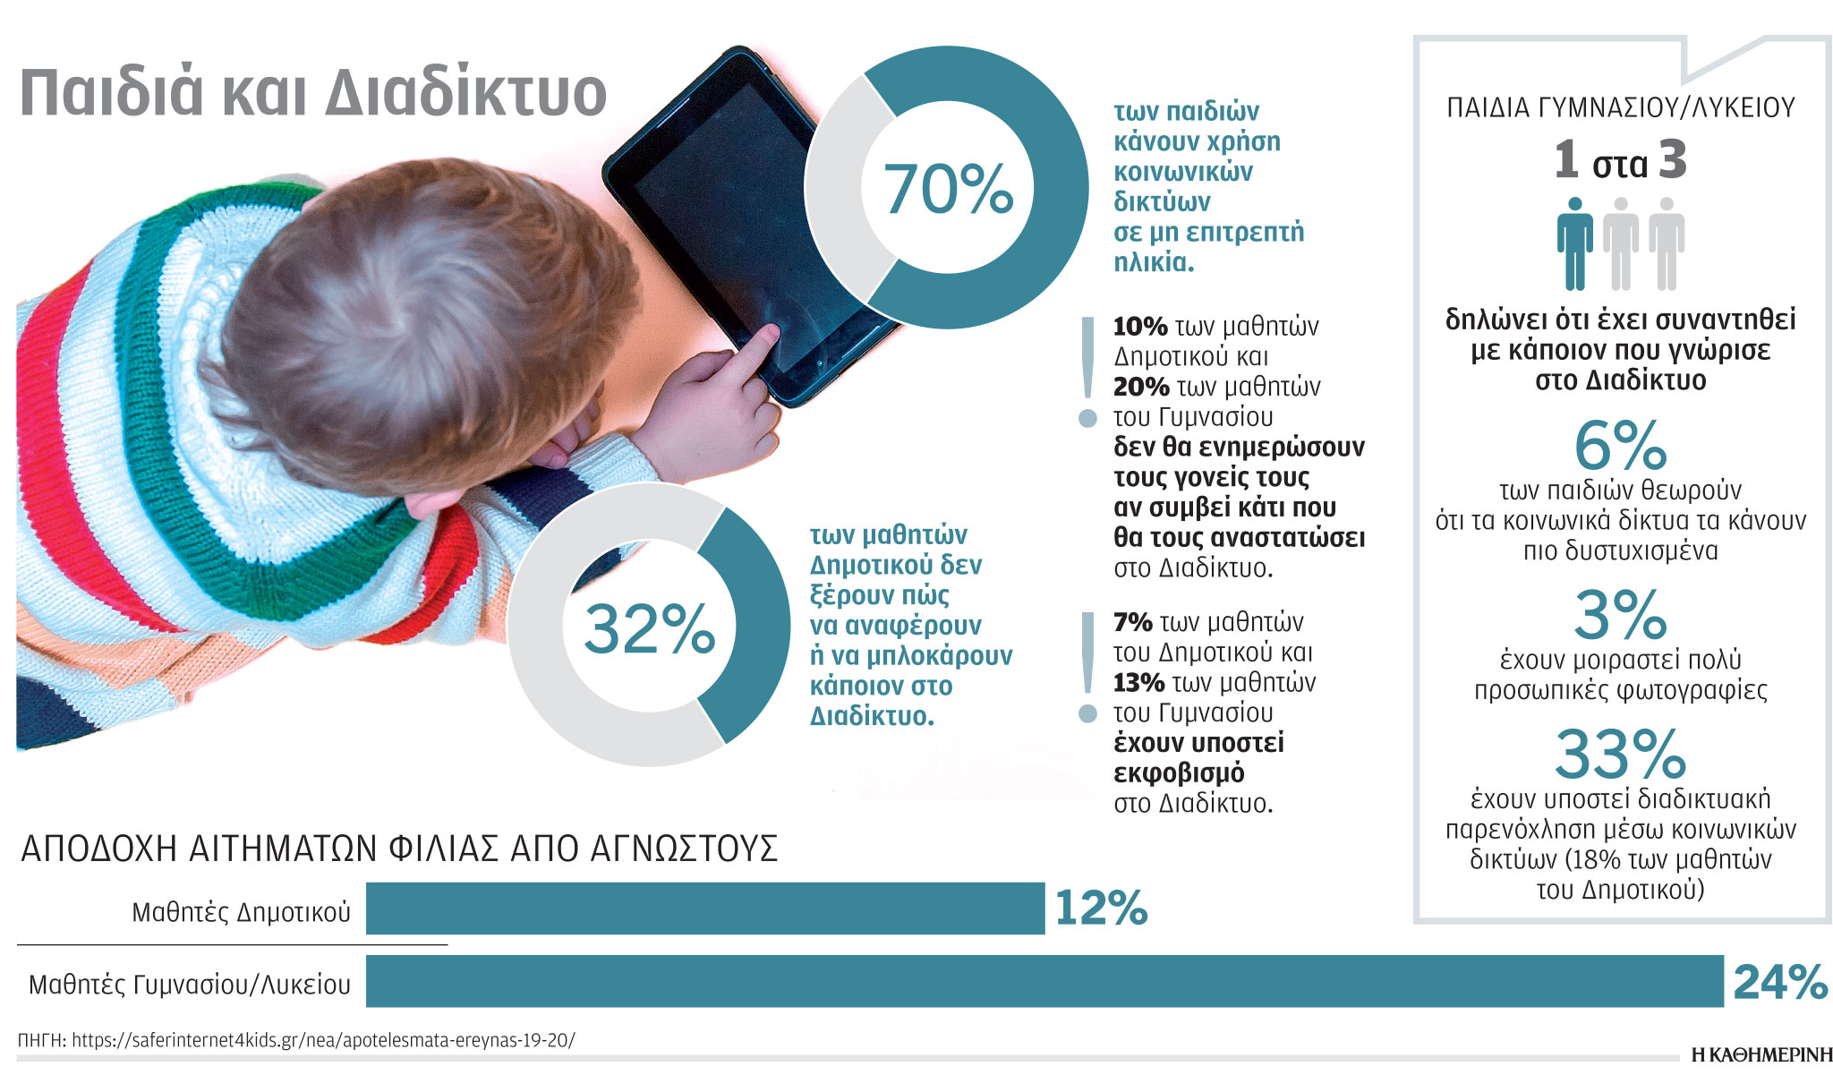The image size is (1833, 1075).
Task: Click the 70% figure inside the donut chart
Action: tap(948, 189)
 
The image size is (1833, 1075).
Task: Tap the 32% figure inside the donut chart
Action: tap(649, 628)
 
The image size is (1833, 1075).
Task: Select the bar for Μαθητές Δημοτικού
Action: tap(704, 909)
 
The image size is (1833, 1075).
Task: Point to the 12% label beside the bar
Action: tap(1100, 909)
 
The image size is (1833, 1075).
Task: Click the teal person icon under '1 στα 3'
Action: tap(1574, 243)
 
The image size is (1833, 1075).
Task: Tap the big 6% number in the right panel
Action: tap(1620, 446)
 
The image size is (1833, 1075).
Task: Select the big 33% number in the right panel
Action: tap(1620, 755)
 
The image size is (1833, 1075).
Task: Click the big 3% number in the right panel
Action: tap(1620, 615)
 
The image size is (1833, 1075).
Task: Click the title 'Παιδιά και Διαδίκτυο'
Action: tap(313, 92)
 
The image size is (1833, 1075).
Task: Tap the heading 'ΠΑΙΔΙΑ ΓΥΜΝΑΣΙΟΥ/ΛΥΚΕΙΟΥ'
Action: tap(1621, 108)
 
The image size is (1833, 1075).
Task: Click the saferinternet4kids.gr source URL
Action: tap(322, 1040)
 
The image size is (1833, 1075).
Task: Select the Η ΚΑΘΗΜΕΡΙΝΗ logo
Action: tap(1761, 1055)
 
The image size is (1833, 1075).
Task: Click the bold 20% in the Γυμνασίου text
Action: tap(1141, 387)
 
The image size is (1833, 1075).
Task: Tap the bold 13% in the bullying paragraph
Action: tap(1138, 683)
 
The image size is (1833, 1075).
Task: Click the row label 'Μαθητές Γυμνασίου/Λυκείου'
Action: tap(190, 985)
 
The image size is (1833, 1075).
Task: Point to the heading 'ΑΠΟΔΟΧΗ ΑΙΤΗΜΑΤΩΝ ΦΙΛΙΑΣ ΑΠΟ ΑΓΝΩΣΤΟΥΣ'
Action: tap(399, 849)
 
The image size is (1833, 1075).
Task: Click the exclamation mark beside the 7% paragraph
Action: tap(1088, 667)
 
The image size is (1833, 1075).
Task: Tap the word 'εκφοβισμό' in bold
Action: tap(1178, 772)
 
